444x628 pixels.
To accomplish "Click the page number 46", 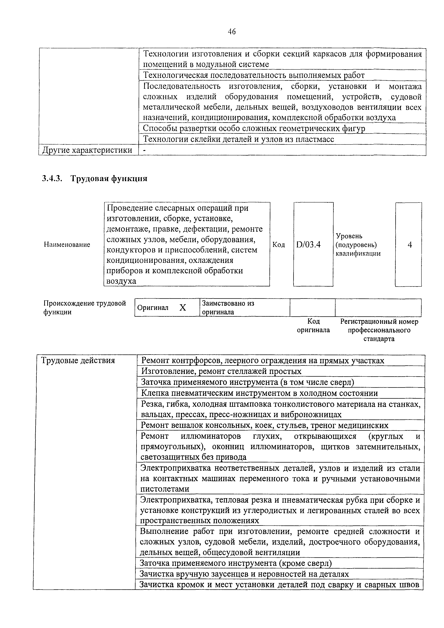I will point(231,32).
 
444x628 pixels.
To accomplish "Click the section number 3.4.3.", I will point(52,179).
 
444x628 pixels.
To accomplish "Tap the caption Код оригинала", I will point(313,325).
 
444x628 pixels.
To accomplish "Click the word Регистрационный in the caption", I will point(367,321).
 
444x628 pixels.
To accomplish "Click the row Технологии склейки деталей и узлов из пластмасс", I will point(238,139).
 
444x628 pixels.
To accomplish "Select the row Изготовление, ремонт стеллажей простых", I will point(221,371).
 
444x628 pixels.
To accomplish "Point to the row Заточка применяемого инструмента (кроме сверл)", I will point(236,563).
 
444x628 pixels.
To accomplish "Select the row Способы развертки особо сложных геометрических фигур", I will point(254,128).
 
